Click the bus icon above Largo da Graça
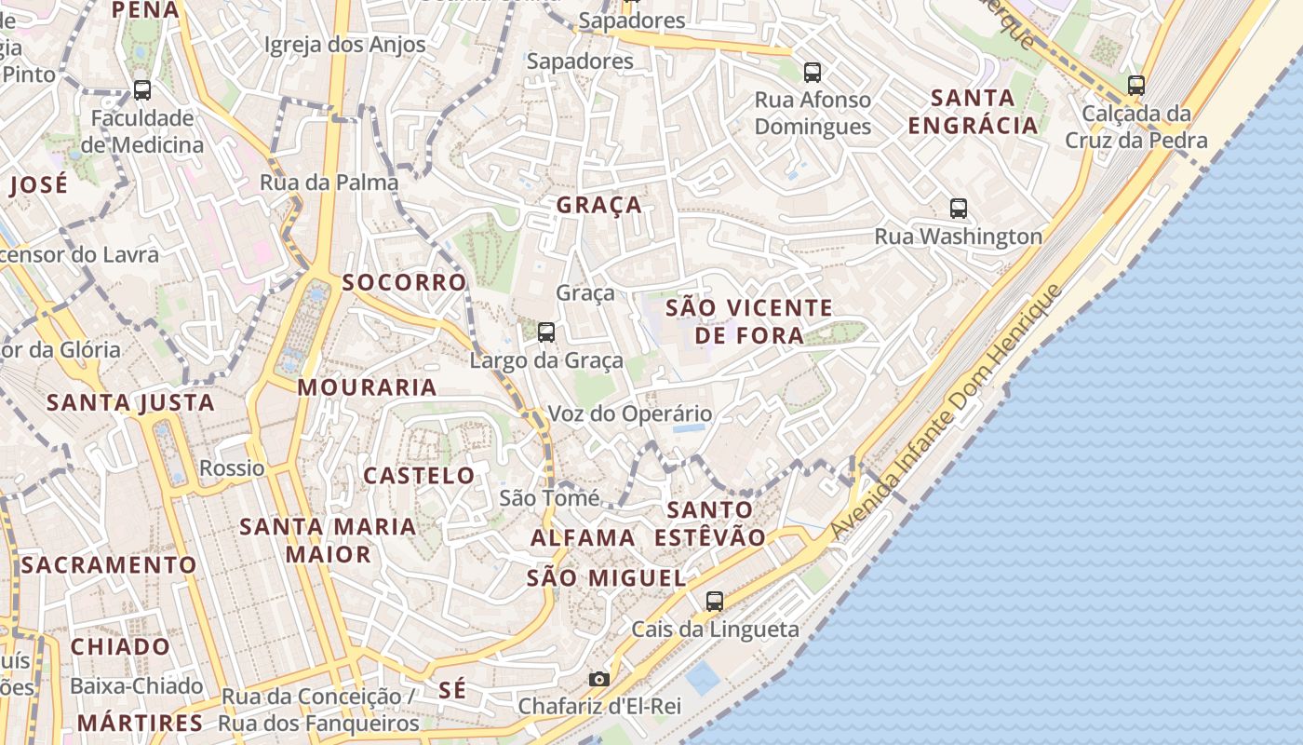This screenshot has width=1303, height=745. coord(546,332)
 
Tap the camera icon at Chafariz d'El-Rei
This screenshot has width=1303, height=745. coord(599,679)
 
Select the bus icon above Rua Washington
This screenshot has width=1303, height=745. coord(959,208)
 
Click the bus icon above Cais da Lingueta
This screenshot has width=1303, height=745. coord(715,601)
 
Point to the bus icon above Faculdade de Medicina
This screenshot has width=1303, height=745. coord(142,89)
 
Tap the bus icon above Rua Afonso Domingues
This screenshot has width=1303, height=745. coord(813,71)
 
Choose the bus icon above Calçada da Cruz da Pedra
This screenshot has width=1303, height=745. coord(1136,85)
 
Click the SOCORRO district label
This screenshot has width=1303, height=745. coord(404,282)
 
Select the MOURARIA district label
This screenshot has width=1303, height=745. coord(367,387)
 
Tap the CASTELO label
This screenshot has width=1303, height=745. coord(419,475)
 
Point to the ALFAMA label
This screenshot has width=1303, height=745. coord(583,537)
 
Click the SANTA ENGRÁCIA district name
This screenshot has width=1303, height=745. coord(973,111)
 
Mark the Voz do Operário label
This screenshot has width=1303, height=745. coord(630,413)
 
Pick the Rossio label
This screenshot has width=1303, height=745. coord(232,467)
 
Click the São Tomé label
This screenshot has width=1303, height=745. coord(549,498)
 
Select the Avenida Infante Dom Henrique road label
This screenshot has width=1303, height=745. coord(947,412)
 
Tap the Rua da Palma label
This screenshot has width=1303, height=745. coord(329,182)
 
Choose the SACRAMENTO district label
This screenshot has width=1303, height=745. coord(109,564)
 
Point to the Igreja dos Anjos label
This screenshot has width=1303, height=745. coord(345,44)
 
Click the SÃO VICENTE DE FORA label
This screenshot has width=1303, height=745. coord(749,320)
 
